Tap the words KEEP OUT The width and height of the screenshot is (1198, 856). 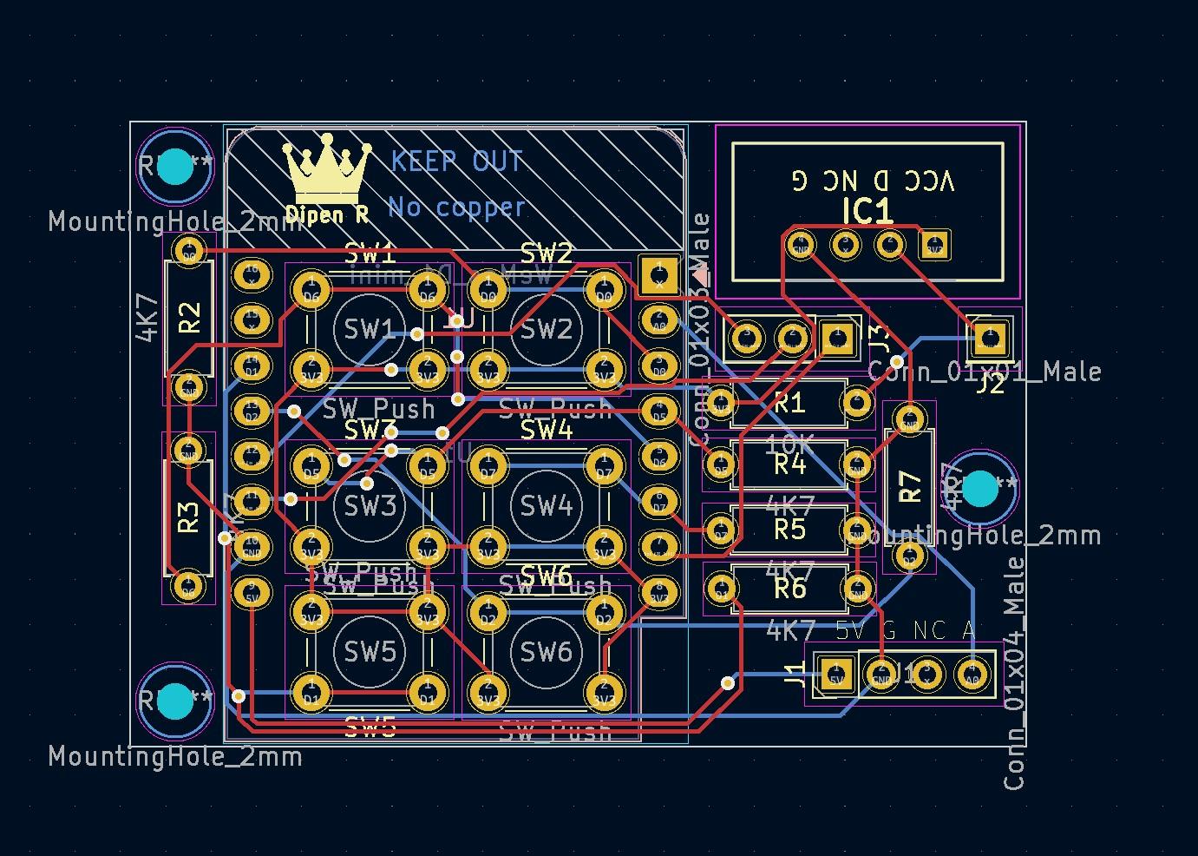456,161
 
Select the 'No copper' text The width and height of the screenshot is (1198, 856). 456,207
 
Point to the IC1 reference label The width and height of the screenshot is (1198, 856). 867,211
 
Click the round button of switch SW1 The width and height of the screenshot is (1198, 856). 369,329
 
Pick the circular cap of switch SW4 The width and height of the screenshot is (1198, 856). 546,504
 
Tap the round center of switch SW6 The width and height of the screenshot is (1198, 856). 546,651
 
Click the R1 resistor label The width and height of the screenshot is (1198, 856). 789,403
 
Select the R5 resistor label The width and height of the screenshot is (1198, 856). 789,529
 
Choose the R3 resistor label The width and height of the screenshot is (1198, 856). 188,517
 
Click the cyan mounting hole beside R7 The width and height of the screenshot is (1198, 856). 981,488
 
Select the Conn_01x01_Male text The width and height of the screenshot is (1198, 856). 985,372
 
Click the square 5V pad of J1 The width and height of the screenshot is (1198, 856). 835,675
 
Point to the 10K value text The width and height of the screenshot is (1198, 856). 789,444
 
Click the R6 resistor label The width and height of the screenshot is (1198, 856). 789,589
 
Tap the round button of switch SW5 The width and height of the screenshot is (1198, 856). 369,651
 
